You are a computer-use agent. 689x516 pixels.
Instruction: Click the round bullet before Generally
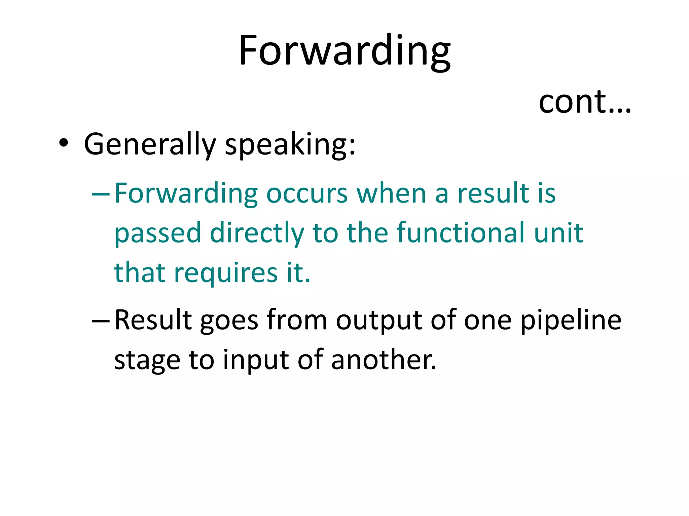click(64, 144)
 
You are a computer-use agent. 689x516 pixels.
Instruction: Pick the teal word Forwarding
click(186, 194)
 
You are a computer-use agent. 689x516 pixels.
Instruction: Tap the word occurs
click(307, 194)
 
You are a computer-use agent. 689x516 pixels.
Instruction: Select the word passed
click(158, 233)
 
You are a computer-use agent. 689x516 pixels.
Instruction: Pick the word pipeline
click(571, 321)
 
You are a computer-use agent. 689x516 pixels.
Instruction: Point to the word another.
click(384, 360)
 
